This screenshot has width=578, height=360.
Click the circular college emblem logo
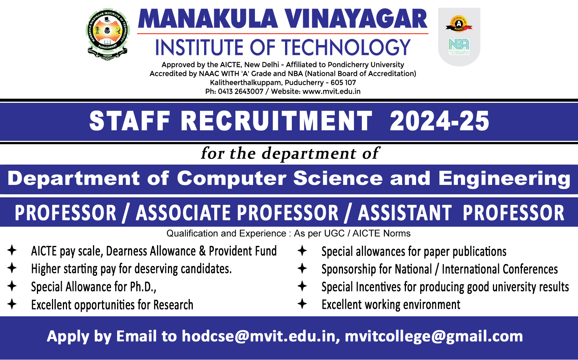108,34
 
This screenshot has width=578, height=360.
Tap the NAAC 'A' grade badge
459,24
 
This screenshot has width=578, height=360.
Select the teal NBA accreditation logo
459,47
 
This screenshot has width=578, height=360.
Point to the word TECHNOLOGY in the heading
346,47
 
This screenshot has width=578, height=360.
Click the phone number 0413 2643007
241,92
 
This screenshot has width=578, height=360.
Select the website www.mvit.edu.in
331,92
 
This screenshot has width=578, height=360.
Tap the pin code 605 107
343,82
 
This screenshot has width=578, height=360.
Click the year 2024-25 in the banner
439,121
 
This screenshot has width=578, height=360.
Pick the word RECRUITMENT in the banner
276,121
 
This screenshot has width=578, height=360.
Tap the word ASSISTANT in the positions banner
404,213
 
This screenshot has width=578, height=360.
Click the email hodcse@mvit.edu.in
259,336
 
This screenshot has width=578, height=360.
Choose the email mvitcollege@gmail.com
434,337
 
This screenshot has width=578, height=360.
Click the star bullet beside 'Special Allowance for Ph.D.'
12,286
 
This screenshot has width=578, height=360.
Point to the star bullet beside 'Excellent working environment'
302,304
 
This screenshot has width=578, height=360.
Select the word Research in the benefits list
173,305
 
